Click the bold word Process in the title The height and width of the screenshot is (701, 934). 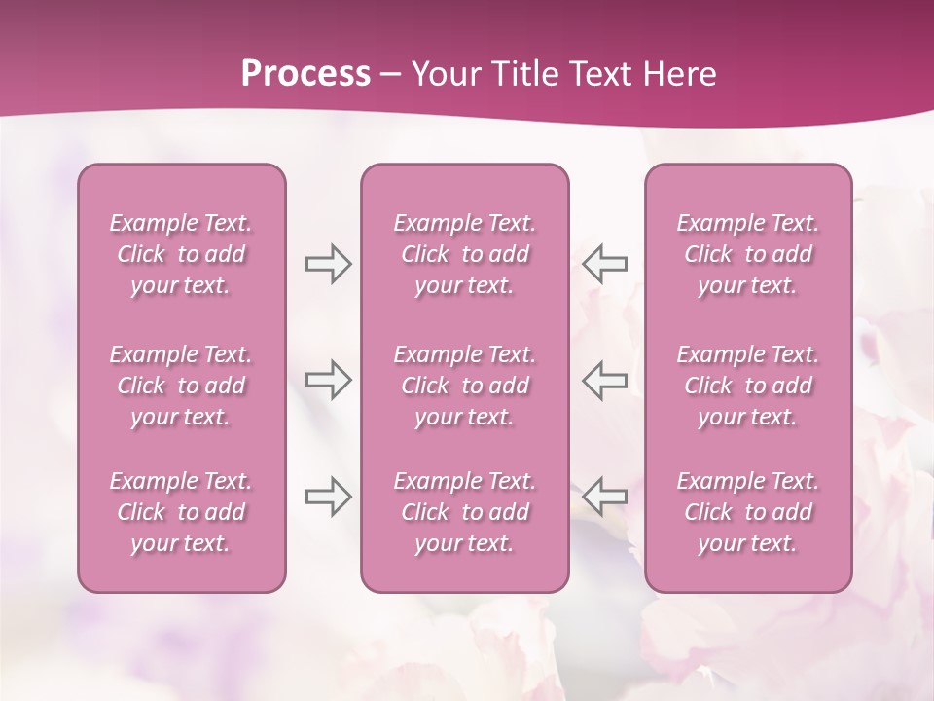(x=305, y=74)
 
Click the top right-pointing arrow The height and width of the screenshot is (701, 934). (x=328, y=264)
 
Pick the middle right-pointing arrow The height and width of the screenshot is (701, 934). (x=328, y=380)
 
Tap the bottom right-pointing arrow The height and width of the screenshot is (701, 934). (x=328, y=496)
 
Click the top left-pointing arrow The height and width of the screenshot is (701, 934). (x=604, y=264)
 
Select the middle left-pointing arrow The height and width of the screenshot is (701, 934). (x=604, y=380)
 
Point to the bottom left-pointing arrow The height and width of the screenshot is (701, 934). (x=604, y=496)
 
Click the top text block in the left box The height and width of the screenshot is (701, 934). (x=181, y=254)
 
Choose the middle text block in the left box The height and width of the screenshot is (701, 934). (x=181, y=386)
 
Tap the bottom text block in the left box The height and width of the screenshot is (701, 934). (x=181, y=512)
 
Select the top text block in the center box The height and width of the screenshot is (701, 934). (x=465, y=254)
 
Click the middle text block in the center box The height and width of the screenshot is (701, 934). (x=465, y=386)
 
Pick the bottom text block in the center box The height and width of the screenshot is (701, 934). (x=465, y=512)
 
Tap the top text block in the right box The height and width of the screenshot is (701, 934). (x=748, y=254)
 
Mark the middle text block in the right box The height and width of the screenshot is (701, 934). (x=748, y=386)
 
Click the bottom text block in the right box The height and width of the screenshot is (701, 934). (x=748, y=512)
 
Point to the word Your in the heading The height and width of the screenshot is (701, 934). (x=442, y=74)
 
